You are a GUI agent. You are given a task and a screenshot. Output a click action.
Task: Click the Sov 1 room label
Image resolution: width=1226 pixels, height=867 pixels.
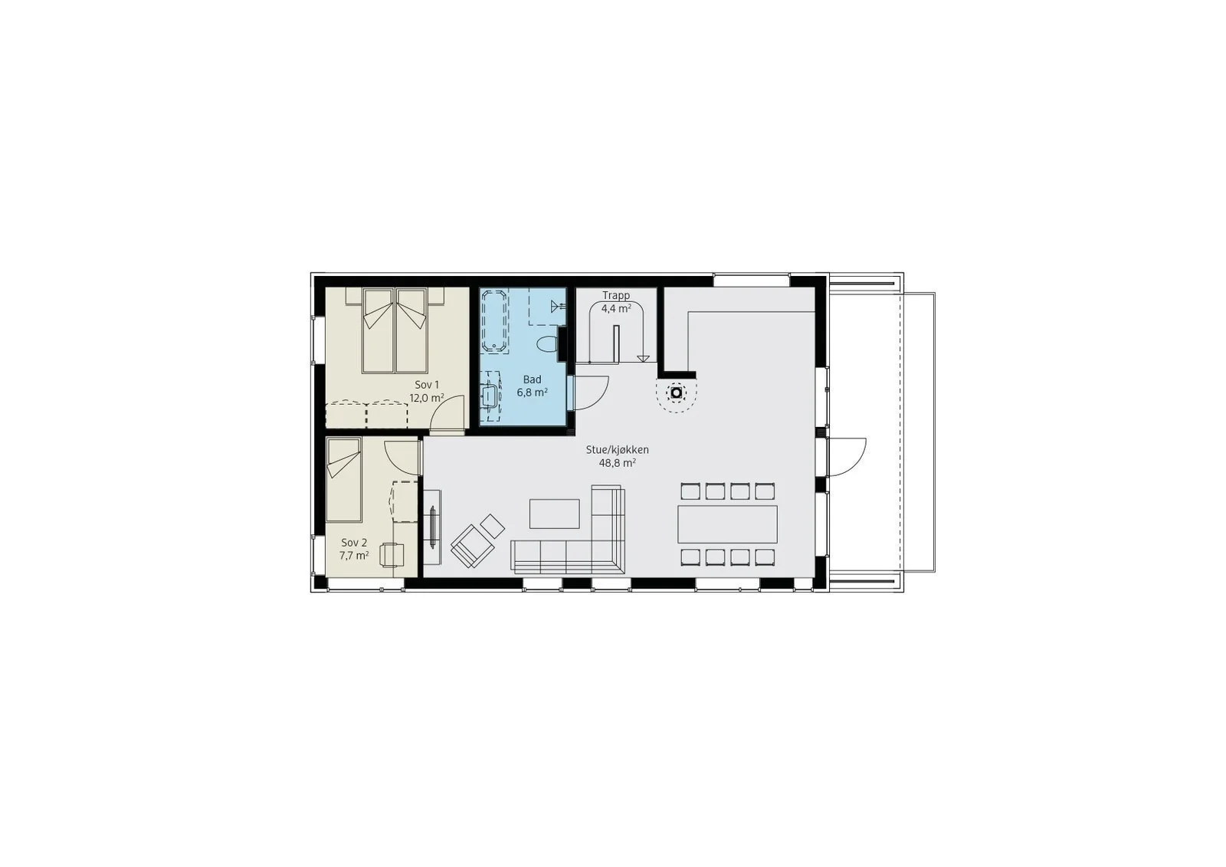(427, 385)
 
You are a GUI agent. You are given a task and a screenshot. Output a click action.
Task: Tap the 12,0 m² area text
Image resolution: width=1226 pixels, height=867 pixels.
(427, 398)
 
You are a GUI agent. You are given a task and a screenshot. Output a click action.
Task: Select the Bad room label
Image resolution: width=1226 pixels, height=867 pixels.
(532, 379)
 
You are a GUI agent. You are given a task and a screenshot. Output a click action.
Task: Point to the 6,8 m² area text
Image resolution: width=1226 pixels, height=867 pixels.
(532, 392)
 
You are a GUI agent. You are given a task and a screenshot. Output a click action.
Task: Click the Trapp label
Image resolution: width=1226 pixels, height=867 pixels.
(616, 296)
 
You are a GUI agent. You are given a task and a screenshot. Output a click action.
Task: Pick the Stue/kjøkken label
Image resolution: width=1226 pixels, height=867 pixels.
(618, 450)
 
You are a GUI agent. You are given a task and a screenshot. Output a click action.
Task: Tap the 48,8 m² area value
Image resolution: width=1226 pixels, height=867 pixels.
(618, 463)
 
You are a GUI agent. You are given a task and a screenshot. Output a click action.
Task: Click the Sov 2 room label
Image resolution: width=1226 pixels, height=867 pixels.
(354, 542)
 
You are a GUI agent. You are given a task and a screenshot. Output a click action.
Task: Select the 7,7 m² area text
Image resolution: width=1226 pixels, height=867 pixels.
(354, 555)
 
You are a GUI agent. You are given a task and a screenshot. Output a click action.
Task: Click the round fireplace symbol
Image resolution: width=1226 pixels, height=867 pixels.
(677, 392)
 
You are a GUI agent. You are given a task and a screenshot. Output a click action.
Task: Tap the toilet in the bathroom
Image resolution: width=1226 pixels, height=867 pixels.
(547, 344)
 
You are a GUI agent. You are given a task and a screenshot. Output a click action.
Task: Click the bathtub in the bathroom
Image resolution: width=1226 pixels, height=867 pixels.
(495, 320)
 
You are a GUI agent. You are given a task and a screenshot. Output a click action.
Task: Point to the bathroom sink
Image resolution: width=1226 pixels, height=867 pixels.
(490, 395)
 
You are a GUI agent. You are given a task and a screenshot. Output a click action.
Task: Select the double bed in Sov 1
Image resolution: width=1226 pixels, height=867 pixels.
(395, 331)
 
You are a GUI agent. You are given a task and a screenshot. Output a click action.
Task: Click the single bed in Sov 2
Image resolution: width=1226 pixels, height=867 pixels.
(344, 479)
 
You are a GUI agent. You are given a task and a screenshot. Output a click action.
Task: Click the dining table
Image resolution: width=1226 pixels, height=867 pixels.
(727, 524)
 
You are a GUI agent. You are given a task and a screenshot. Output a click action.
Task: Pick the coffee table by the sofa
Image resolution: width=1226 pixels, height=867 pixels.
(555, 514)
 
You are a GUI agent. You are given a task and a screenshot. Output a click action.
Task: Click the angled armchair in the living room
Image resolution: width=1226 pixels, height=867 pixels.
(473, 545)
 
